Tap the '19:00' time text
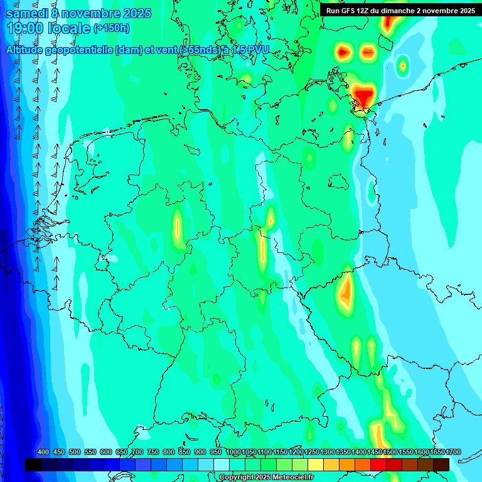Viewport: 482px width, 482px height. pyautogui.click(x=25, y=28)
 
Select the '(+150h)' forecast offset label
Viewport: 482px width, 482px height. pyautogui.click(x=112, y=28)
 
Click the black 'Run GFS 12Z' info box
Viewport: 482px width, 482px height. pyautogui.click(x=400, y=10)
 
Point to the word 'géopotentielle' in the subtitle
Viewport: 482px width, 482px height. pyautogui.click(x=80, y=50)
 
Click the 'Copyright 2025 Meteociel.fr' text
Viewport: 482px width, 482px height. pyautogui.click(x=266, y=477)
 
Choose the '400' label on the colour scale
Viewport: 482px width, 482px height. pyautogui.click(x=43, y=453)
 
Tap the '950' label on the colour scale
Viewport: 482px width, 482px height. pyautogui.click(x=216, y=453)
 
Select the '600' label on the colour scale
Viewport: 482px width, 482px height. pyautogui.click(x=106, y=453)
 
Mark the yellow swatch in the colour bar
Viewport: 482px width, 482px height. pyautogui.click(x=316, y=464)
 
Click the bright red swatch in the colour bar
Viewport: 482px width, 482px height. pyautogui.click(x=378, y=464)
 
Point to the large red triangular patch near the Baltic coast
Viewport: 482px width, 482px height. pyautogui.click(x=364, y=96)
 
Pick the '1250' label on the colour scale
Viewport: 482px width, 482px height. pyautogui.click(x=311, y=453)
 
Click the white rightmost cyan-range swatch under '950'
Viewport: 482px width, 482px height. pyautogui.click(x=222, y=464)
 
